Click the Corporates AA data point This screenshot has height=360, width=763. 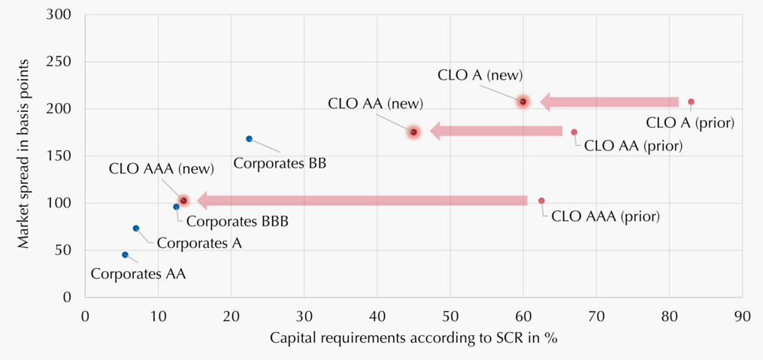(x=125, y=255)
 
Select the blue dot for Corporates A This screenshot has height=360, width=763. (x=136, y=228)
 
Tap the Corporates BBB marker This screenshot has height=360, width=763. (x=176, y=207)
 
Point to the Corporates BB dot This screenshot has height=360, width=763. (x=249, y=138)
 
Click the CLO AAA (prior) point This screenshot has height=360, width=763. (x=541, y=201)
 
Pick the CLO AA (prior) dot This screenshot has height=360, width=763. (x=574, y=132)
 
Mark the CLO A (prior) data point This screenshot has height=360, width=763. (x=691, y=101)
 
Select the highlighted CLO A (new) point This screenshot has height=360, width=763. (x=523, y=101)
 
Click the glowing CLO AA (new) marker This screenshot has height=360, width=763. (x=413, y=132)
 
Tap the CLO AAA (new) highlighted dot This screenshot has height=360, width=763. (x=183, y=201)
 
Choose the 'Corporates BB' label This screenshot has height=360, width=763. (x=280, y=163)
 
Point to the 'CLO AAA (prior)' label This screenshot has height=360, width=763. (x=605, y=216)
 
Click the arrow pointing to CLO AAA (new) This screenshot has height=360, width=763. (x=362, y=201)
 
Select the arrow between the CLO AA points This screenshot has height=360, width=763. (x=496, y=132)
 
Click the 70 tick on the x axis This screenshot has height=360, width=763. (x=596, y=316)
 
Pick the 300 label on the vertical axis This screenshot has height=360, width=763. (x=59, y=14)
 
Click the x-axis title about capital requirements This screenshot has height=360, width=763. (x=413, y=338)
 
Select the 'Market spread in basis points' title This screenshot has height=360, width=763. (x=26, y=154)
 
